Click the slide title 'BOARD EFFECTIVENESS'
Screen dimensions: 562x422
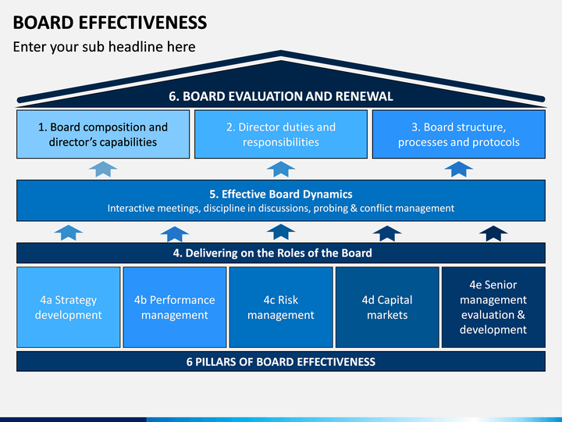coord(110,22)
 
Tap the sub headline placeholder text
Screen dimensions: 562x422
coord(105,47)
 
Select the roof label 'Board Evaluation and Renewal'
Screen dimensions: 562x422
coord(281,96)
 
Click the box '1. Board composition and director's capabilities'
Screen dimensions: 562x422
coord(103,134)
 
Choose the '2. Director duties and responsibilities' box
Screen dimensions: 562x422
coord(281,134)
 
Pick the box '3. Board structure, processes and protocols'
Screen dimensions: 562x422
coord(459,134)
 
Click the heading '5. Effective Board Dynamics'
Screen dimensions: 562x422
coord(281,194)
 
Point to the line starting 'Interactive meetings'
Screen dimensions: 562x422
coord(281,209)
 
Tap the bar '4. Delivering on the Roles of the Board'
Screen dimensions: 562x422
coord(281,253)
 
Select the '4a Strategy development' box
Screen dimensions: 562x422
coord(69,307)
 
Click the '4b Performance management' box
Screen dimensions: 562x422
coord(175,307)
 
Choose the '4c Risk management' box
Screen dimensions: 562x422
coord(281,307)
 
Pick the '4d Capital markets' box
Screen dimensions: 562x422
coord(387,307)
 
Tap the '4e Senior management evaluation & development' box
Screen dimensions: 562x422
coord(493,307)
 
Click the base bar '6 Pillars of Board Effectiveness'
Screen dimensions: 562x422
coord(281,361)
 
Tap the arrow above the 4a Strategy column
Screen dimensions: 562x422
coord(69,232)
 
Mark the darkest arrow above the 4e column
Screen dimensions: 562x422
coord(493,233)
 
